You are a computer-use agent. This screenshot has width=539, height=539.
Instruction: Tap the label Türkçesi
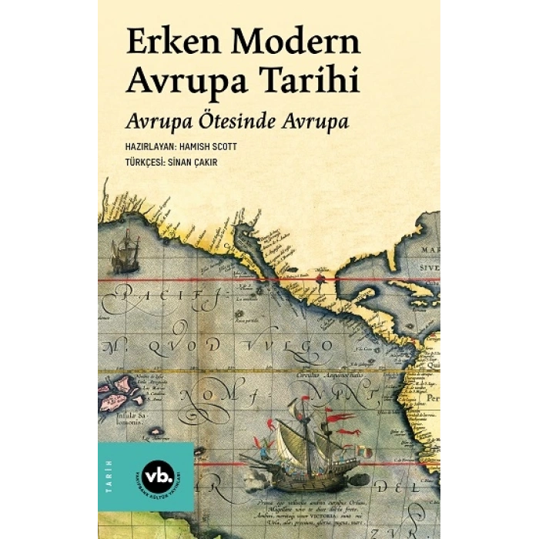(140, 163)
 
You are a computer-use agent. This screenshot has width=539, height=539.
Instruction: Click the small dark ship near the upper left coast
(124, 253)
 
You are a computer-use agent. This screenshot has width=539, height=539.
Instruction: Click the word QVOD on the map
(181, 344)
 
